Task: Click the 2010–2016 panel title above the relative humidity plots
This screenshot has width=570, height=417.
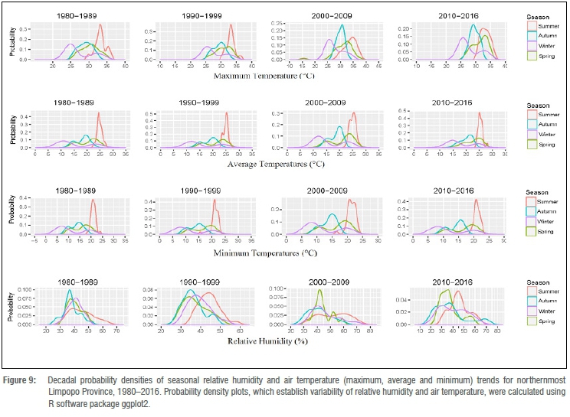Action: point(452,282)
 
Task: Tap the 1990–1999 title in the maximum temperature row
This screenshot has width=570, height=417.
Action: point(201,15)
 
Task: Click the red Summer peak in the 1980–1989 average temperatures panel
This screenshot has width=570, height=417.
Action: point(99,115)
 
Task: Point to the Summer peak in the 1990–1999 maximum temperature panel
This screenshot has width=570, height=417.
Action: point(231,25)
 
